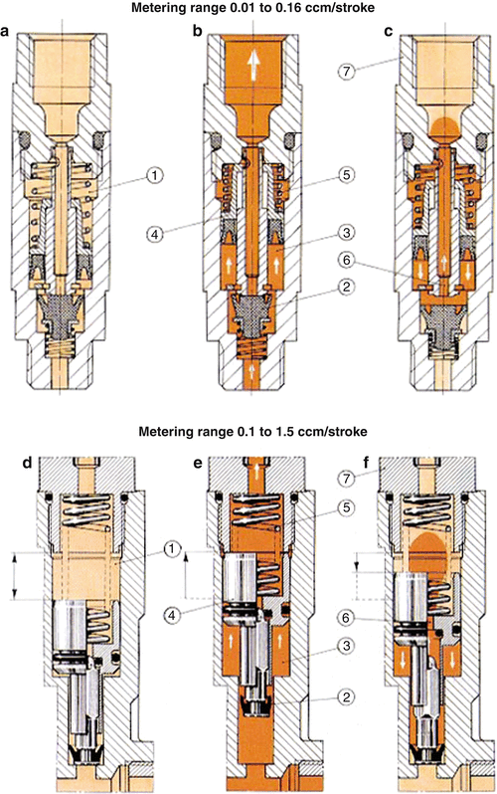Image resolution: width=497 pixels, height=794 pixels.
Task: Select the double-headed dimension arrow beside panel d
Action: tap(14, 578)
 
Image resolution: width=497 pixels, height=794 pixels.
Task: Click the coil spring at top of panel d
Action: tap(86, 518)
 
